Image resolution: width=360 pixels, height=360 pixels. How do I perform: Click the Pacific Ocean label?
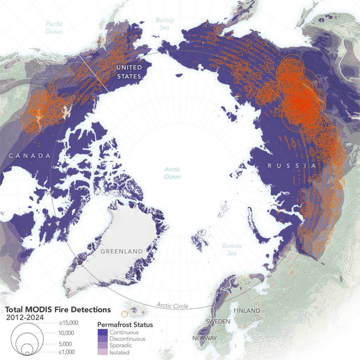click(54, 28)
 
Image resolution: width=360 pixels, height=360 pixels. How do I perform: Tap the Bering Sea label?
click(164, 24)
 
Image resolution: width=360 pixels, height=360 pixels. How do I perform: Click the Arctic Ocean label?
click(172, 173)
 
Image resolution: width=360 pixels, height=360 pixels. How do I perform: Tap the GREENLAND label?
click(122, 251)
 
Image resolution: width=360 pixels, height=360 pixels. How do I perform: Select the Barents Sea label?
click(232, 250)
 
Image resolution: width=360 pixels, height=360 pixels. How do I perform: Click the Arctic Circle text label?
click(172, 305)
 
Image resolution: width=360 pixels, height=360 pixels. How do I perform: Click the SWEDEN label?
click(218, 322)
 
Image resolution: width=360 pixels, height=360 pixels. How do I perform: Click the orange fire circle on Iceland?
click(124, 314)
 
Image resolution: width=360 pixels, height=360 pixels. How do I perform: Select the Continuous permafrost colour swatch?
click(103, 332)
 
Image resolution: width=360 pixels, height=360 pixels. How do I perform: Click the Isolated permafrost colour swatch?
click(103, 352)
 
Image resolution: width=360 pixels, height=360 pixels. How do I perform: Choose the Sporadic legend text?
click(121, 346)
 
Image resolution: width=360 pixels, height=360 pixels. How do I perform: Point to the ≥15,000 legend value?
click(68, 323)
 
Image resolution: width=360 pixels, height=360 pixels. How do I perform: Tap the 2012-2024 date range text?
click(25, 317)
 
